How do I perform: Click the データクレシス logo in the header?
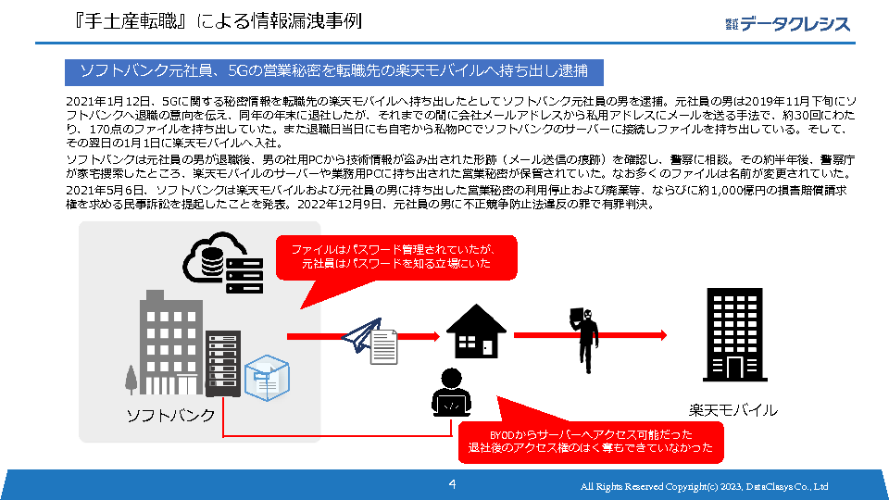[x=787, y=23]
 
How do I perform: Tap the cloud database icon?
[x=213, y=260]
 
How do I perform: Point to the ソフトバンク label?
[x=170, y=416]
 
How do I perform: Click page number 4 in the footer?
[x=452, y=484]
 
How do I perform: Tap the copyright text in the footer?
[x=704, y=486]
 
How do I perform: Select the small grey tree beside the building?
[x=131, y=380]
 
